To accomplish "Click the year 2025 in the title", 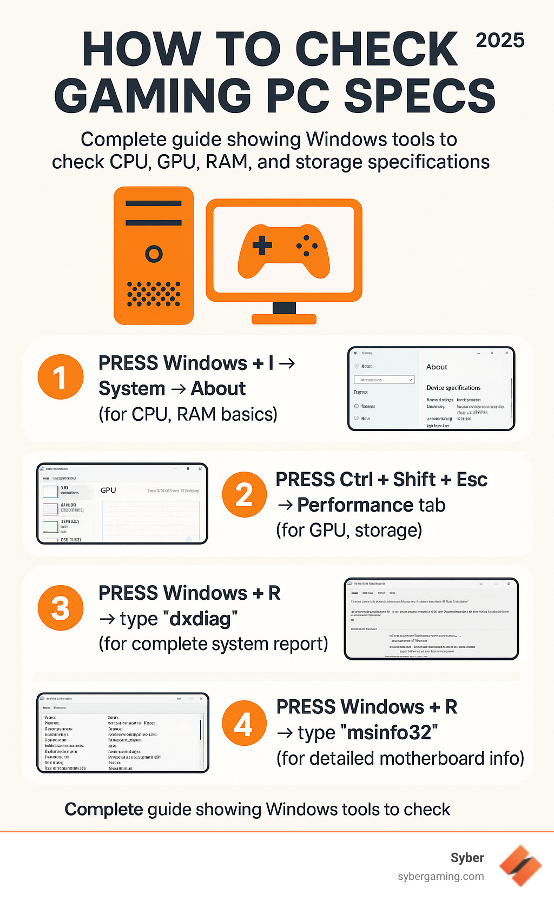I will [500, 41].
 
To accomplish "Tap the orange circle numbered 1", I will [61, 377].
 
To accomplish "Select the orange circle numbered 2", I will [245, 494].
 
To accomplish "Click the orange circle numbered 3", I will [61, 608].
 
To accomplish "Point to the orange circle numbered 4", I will [244, 724].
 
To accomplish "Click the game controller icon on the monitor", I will [283, 251].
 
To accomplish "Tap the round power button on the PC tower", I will [154, 254].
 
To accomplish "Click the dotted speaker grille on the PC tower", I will [154, 294].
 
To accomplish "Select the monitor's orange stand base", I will [284, 319].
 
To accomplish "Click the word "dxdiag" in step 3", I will [200, 618].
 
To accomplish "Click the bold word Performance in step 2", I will [355, 505].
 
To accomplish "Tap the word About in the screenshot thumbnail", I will [437, 367].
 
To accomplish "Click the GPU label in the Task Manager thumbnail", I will [108, 490].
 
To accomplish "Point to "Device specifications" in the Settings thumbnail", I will [453, 388].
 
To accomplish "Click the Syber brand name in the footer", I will [467, 858].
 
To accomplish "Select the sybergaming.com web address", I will [440, 876].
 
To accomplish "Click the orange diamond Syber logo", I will [520, 865].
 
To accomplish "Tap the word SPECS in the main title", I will [420, 96].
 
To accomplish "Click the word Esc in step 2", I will [472, 479].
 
